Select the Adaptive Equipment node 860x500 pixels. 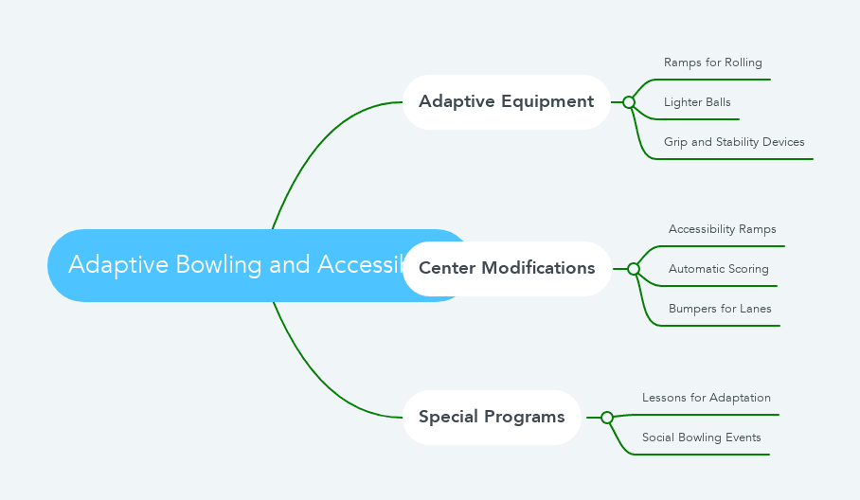(506, 101)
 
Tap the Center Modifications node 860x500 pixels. (507, 268)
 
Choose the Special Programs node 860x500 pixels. (492, 417)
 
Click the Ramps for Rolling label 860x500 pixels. (712, 62)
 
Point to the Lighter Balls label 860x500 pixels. (697, 102)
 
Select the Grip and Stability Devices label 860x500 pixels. (734, 142)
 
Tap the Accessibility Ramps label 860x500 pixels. (722, 229)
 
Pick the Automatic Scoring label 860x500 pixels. (718, 269)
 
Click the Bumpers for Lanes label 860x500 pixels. (720, 309)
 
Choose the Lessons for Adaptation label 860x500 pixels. (706, 398)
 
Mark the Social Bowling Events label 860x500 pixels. (701, 437)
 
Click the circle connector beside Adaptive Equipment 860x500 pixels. (629, 102)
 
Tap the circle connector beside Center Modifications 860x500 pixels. (634, 269)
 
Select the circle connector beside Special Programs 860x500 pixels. (607, 418)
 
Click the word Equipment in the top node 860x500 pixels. (548, 101)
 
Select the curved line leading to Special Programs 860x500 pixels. (313, 379)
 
